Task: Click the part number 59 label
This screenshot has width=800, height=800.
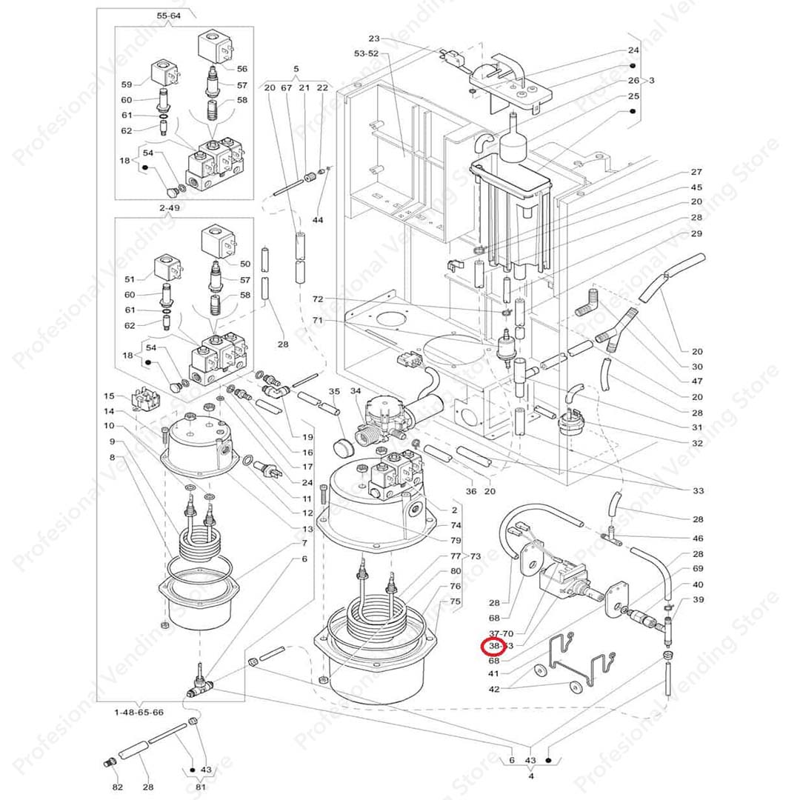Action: click(x=127, y=84)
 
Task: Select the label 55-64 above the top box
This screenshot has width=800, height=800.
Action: click(x=169, y=16)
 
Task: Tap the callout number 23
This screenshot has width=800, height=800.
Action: click(x=373, y=39)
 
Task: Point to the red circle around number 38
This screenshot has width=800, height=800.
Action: click(x=493, y=646)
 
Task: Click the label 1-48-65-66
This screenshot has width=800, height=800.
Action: click(x=139, y=712)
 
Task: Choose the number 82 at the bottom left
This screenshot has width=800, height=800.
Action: click(x=117, y=786)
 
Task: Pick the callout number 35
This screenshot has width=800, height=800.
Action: click(x=335, y=391)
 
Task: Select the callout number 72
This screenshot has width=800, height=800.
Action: click(x=318, y=299)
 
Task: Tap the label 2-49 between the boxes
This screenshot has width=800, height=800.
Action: click(x=169, y=208)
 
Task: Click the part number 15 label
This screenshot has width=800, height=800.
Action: click(x=109, y=396)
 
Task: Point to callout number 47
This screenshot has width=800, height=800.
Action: click(x=697, y=381)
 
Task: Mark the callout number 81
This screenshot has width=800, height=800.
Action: click(x=200, y=787)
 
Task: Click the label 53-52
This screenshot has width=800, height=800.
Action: click(x=366, y=53)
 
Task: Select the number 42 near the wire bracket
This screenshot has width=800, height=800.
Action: click(x=494, y=689)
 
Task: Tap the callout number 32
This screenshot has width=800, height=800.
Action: click(x=697, y=443)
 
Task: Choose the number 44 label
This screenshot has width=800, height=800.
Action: click(x=318, y=221)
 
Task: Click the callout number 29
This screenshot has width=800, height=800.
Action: click(x=697, y=233)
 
